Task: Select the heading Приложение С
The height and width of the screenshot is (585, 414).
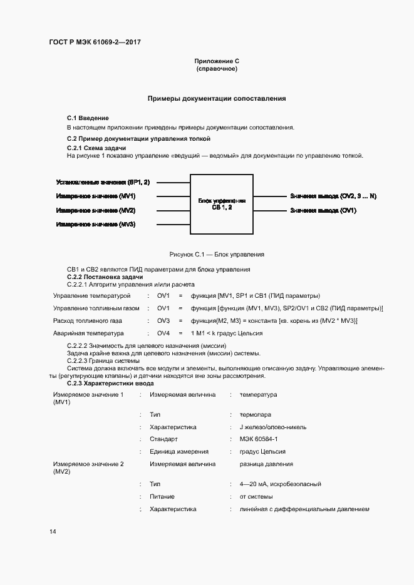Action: tap(217, 61)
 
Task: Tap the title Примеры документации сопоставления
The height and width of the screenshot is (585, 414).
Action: tap(217, 98)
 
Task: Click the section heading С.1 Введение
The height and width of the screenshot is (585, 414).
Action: tap(88, 118)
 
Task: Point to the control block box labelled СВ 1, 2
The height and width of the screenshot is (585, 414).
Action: tap(222, 204)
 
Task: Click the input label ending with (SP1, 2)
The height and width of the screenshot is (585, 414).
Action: tap(103, 183)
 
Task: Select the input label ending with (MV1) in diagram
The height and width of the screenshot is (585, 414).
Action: tap(96, 196)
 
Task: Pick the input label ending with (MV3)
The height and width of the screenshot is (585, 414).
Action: tap(96, 224)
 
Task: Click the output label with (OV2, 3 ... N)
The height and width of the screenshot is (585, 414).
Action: tap(333, 196)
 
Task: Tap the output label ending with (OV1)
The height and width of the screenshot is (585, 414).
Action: tap(323, 210)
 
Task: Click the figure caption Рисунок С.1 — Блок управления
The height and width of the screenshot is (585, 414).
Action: tap(217, 255)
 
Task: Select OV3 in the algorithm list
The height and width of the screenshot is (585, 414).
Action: tap(163, 320)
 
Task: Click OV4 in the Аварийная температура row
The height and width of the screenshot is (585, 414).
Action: tap(163, 333)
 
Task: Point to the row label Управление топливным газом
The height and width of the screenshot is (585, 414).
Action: tap(96, 308)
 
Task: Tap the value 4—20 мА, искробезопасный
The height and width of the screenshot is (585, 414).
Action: tap(280, 484)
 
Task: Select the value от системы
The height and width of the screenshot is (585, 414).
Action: tap(254, 496)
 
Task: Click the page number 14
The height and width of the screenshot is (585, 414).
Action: tap(53, 532)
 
